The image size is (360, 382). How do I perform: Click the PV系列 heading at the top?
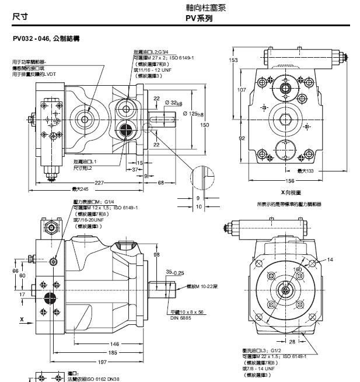198,18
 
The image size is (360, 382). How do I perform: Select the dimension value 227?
100,183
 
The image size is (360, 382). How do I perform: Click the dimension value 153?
233,60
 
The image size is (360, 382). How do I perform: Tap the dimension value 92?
241,138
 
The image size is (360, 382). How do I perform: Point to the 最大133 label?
305,170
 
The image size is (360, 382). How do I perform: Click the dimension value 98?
156,254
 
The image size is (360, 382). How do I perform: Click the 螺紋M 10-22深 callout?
202,286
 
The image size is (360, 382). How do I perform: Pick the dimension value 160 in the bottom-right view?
298,269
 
